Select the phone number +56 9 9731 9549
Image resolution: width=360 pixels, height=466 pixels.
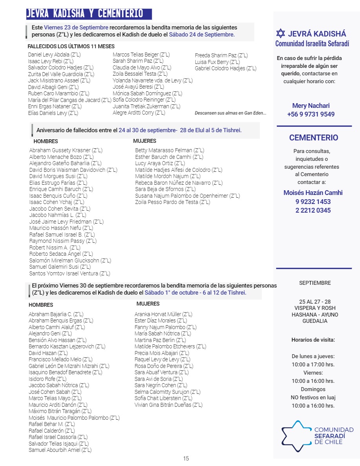[x=311, y=114]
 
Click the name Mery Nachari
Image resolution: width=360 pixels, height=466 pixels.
[x=311, y=106]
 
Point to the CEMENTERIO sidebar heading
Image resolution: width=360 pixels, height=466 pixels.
[x=313, y=138]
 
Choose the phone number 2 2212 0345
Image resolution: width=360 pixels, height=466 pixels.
[x=313, y=210]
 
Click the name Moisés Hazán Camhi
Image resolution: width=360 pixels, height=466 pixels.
[x=313, y=193]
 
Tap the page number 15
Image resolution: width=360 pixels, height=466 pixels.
[x=186, y=458]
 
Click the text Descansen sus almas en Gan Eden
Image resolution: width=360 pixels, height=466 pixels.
[x=231, y=113]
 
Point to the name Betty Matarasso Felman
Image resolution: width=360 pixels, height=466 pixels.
[x=169, y=150]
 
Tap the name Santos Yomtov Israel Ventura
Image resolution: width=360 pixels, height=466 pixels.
[x=69, y=273]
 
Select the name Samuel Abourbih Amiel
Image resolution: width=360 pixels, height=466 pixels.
[x=60, y=450]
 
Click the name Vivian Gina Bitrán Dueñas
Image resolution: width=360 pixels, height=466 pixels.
[x=168, y=405]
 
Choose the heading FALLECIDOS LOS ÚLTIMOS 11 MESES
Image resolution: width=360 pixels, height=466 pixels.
[x=71, y=46]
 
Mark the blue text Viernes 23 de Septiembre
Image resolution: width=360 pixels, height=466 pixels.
[x=76, y=28]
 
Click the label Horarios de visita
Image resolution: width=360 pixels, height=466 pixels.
[x=313, y=340]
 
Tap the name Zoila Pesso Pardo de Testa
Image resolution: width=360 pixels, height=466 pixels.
[x=173, y=202]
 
